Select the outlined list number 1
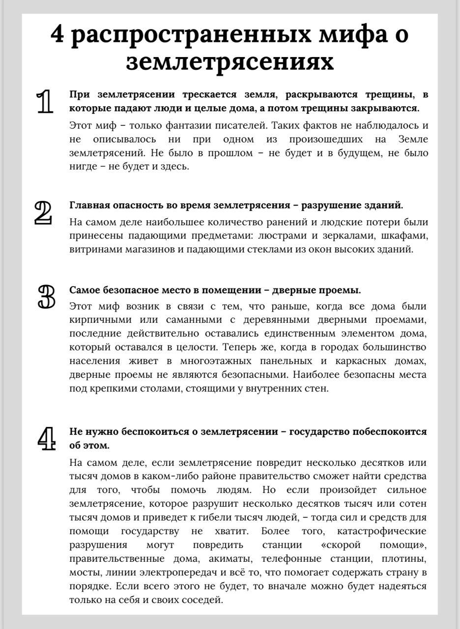coord(45,102)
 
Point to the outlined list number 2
coord(43,212)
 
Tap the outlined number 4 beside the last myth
coord(46,439)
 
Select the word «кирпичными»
coord(94,320)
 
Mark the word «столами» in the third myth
coord(158,389)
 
